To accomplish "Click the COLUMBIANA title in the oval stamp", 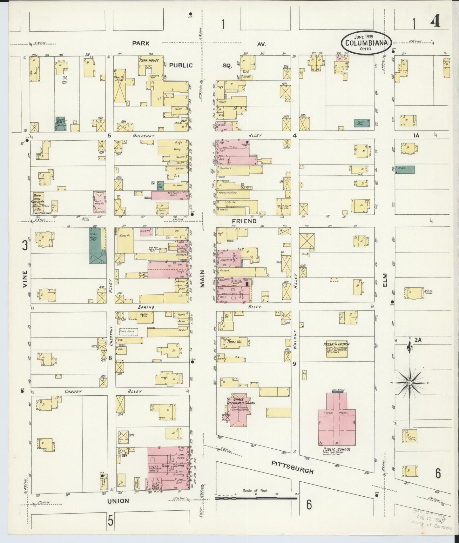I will coord(366,43).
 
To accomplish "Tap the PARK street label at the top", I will coord(141,44).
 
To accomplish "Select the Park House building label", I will coord(149,60).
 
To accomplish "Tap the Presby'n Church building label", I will coord(336,344).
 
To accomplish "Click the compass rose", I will coord(409,383).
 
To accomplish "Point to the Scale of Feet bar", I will coord(256,498).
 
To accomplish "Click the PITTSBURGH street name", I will coord(293,467).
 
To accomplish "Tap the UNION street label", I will coord(118,501).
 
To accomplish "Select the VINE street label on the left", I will coord(25,279).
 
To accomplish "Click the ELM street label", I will coord(385,281).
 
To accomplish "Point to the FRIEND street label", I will coord(244,221).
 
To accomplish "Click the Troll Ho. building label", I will coord(234,342).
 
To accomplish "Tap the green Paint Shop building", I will coord(362,123).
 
